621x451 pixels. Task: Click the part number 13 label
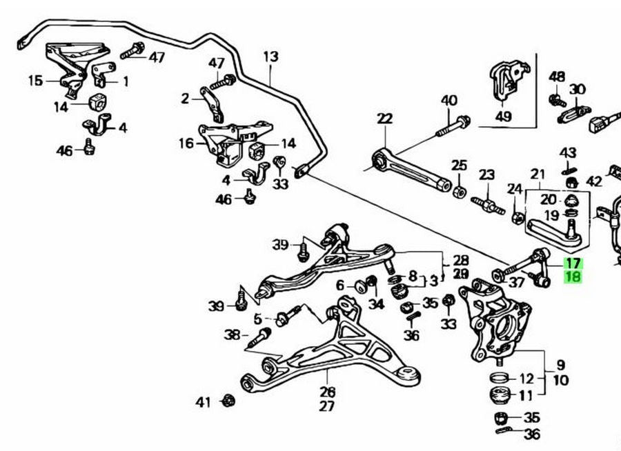270,56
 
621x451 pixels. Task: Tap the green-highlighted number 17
573,263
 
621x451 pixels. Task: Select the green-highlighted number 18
573,277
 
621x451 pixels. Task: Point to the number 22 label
384,119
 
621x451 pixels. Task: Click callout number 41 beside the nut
202,401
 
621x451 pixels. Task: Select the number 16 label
186,143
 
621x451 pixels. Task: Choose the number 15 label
35,81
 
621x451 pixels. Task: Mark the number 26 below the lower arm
327,392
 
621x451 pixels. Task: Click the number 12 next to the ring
526,378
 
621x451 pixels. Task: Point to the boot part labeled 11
498,397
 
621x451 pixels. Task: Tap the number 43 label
567,152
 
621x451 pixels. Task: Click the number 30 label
577,89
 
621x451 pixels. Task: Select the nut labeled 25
459,188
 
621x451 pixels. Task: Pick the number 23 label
487,174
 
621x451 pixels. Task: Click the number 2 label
185,99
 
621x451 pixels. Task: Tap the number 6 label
340,285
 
